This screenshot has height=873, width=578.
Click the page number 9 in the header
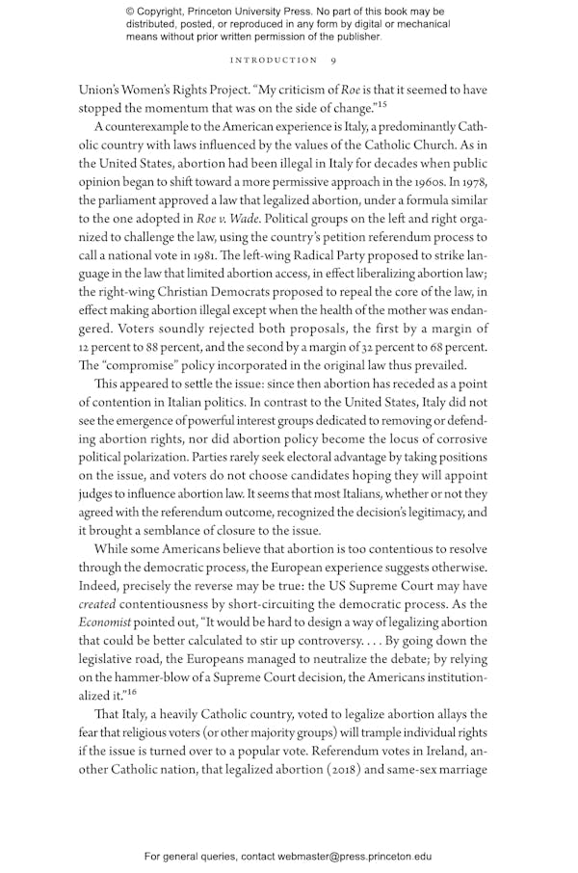click(332, 60)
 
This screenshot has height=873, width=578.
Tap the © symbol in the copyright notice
click(131, 12)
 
